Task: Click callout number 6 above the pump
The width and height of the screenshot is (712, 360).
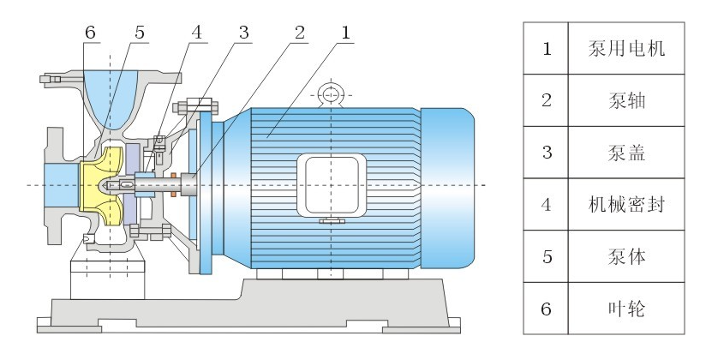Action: click(90, 33)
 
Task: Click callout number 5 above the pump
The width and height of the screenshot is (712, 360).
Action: click(140, 33)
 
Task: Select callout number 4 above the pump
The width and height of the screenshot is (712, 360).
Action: click(196, 33)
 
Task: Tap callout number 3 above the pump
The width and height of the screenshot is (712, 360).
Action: click(244, 33)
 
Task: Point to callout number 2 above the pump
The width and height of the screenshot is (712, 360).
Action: click(300, 33)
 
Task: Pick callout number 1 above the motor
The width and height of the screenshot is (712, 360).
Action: click(346, 33)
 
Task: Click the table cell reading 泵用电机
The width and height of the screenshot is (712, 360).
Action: click(626, 48)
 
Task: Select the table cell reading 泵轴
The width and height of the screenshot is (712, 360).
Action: click(626, 100)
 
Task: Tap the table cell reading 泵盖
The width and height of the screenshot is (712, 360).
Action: click(626, 153)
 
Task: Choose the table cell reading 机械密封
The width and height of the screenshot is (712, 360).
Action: click(626, 204)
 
